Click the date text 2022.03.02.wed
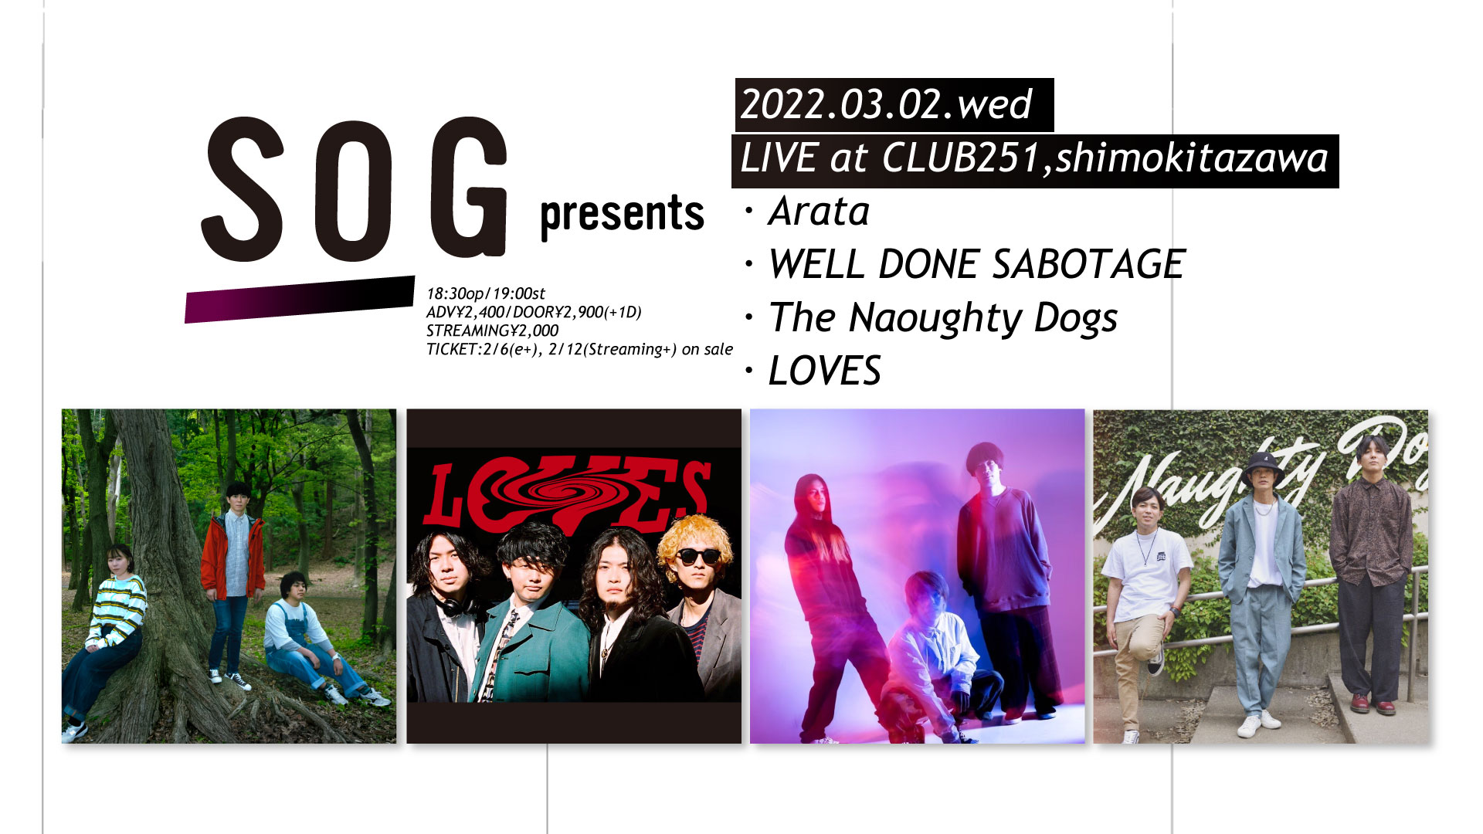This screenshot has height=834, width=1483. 886,104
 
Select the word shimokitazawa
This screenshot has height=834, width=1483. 1192,158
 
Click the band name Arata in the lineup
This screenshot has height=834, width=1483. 819,212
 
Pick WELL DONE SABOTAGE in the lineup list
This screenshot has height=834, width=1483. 977,264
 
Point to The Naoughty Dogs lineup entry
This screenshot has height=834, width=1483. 943,318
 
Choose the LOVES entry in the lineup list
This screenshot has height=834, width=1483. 825,371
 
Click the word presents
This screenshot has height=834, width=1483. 622,215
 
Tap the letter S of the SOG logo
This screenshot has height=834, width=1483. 243,189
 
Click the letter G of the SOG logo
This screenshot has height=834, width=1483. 469,187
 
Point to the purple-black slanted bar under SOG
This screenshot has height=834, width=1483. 300,300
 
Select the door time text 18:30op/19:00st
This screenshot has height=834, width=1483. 486,294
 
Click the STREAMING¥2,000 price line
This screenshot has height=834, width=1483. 492,331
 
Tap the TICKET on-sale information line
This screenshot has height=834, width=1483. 579,349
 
